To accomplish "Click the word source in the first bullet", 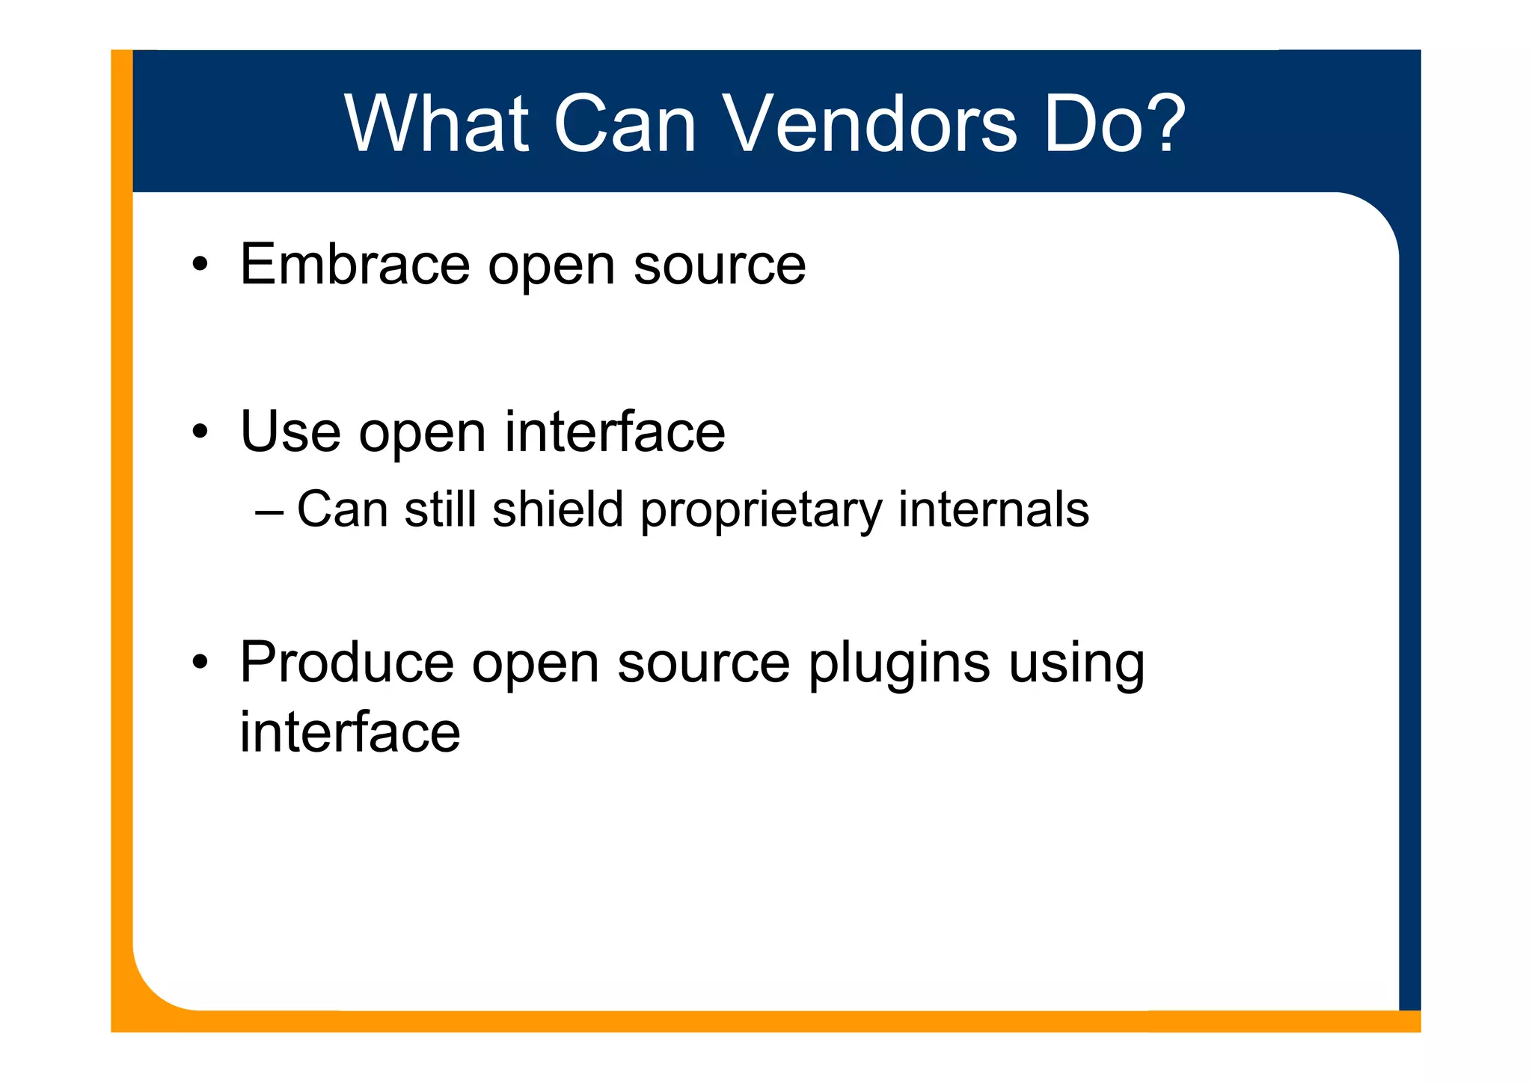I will [720, 266].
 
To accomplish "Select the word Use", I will [289, 432].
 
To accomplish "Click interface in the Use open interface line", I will [615, 432].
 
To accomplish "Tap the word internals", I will [993, 509].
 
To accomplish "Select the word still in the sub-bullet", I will [440, 509].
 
